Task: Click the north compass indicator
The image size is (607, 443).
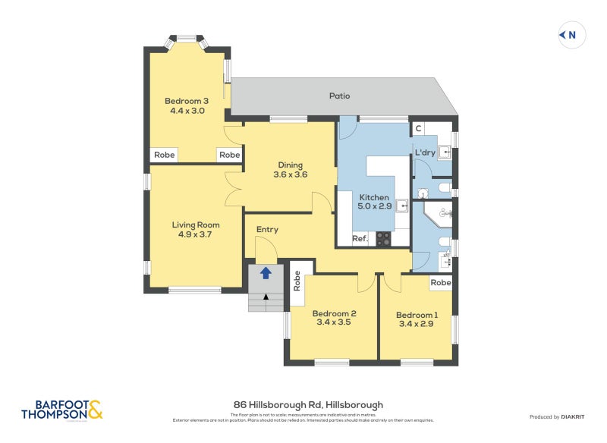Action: click(572, 35)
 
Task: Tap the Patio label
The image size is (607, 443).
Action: click(339, 96)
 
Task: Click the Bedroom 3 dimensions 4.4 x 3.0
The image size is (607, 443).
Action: click(187, 111)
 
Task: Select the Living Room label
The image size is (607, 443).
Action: click(195, 225)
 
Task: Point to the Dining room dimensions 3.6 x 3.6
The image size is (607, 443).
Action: click(290, 174)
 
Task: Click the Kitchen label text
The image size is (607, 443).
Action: click(373, 196)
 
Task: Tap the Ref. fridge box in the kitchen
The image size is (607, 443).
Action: click(360, 239)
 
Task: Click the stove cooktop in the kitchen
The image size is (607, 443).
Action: click(383, 239)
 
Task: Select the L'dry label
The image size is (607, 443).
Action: click(425, 152)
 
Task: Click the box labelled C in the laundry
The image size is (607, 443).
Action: click(418, 129)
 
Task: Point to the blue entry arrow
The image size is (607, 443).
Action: click(266, 273)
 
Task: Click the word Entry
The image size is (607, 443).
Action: click(267, 230)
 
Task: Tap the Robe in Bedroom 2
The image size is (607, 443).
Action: click(297, 283)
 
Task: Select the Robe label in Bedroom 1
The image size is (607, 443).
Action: click(440, 283)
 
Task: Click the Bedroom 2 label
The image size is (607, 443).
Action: click(334, 313)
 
